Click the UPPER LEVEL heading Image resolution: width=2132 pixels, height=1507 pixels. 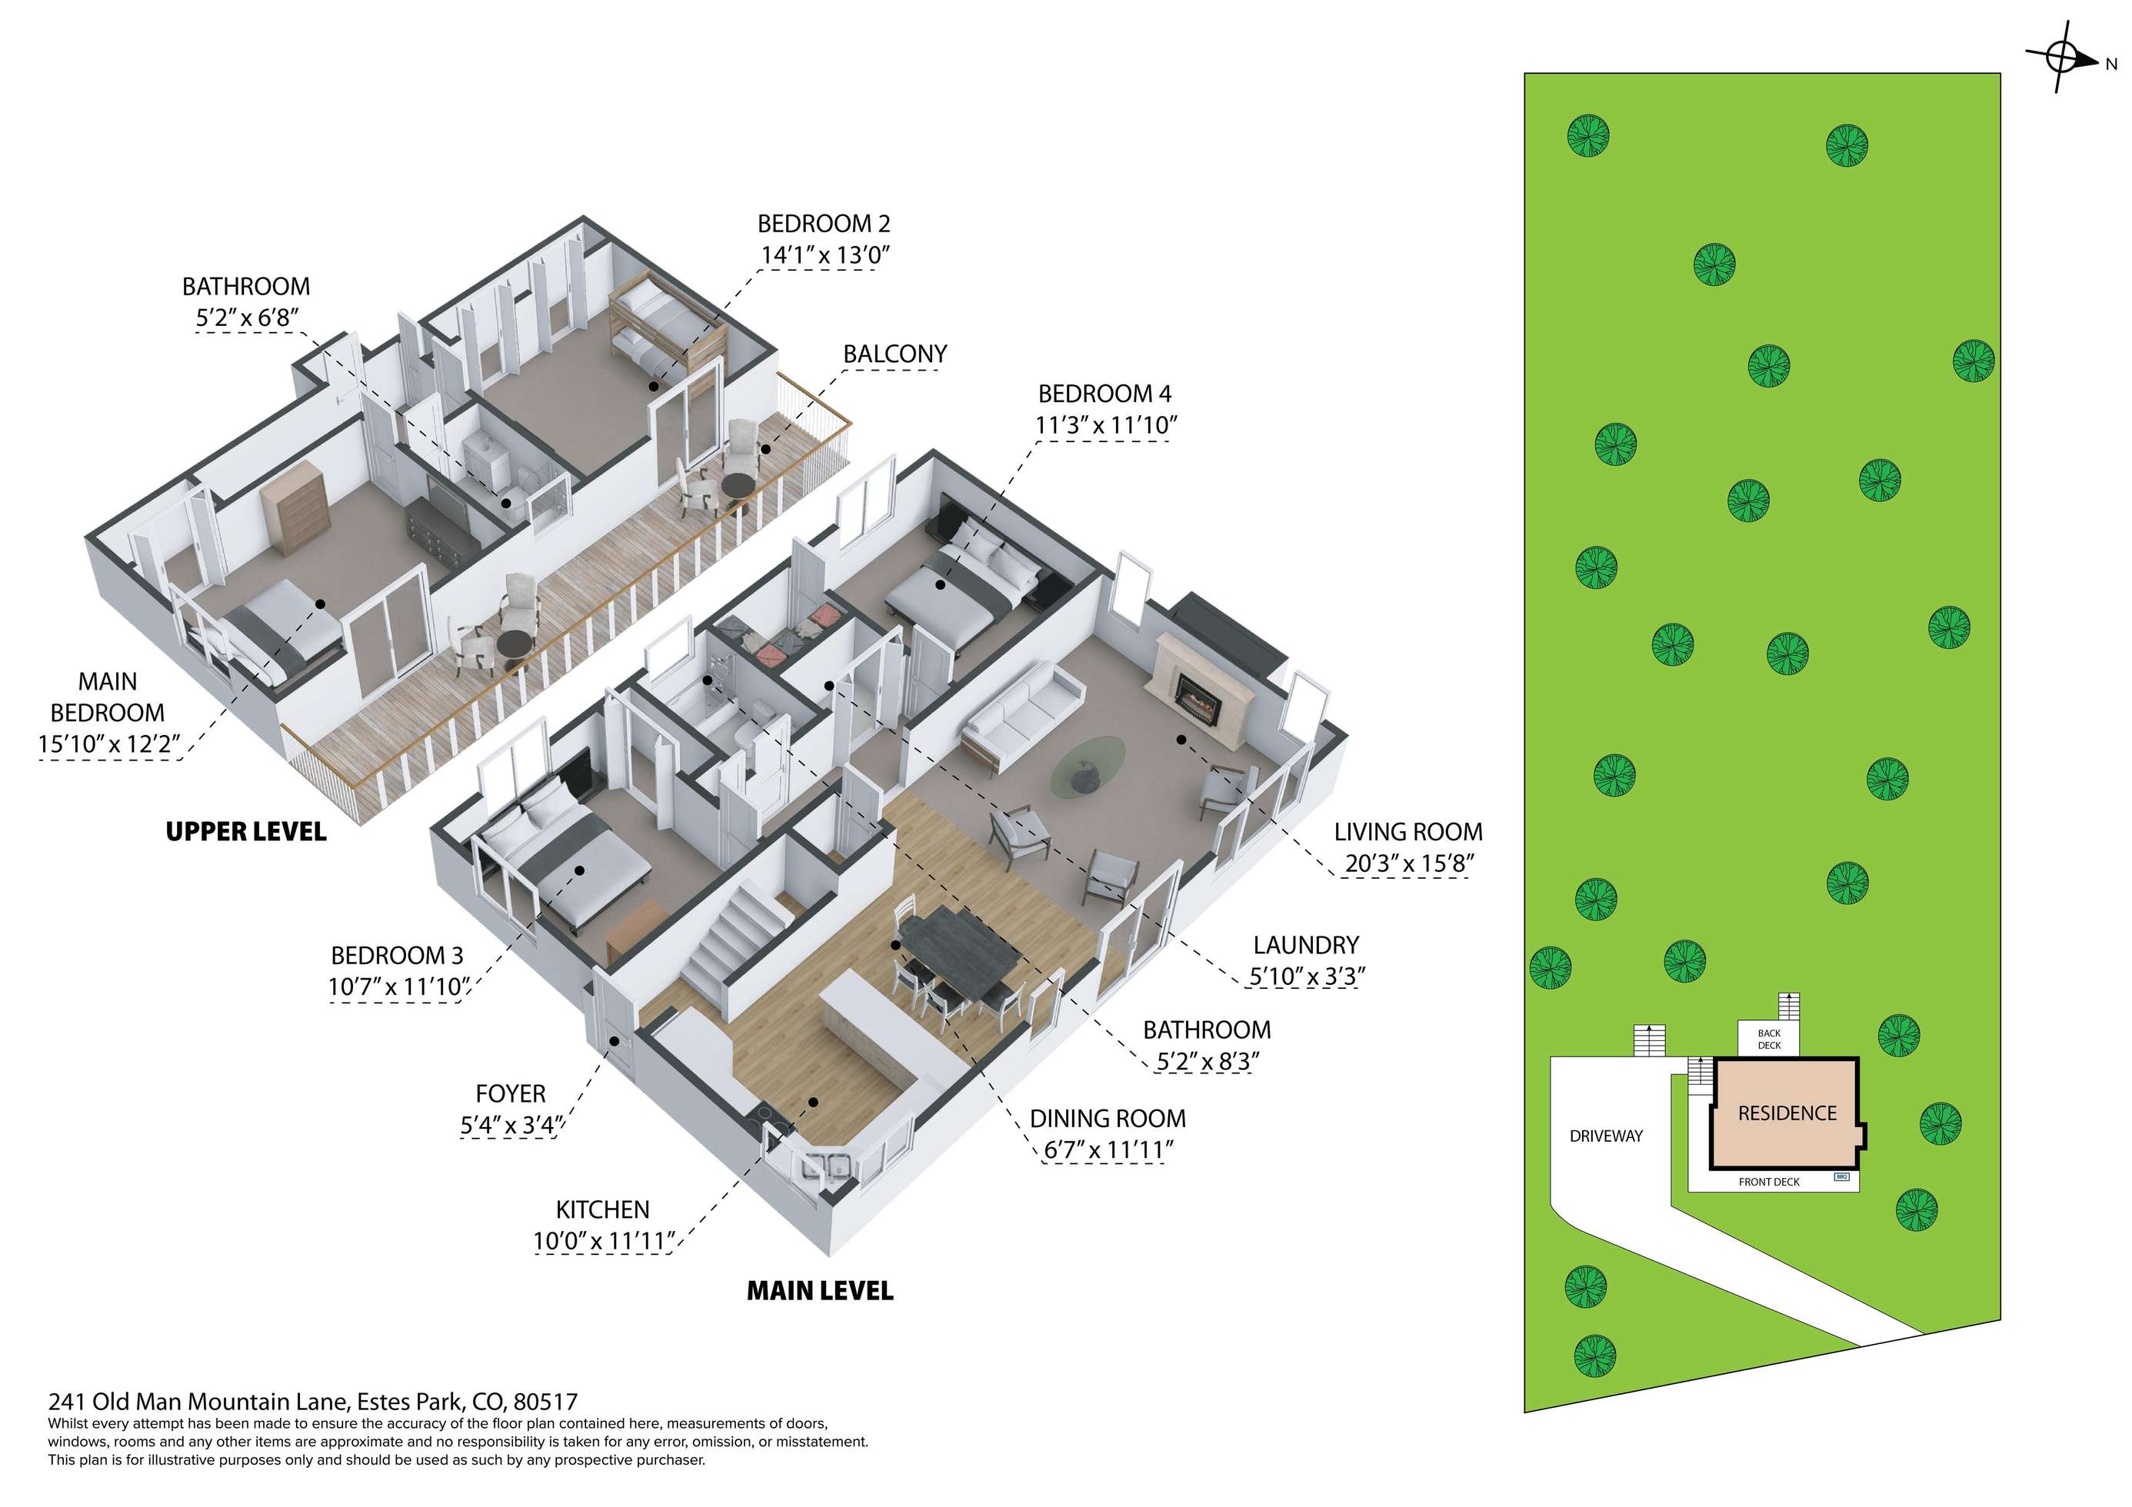[246, 832]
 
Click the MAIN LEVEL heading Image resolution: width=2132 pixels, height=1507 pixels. [820, 1291]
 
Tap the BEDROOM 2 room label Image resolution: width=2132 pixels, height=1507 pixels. [824, 224]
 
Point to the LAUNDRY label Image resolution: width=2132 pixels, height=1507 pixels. [1305, 945]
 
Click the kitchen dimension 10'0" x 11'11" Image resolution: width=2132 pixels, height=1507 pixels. [604, 1242]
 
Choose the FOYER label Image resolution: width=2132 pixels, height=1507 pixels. [510, 1094]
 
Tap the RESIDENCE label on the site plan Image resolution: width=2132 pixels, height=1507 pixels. [1787, 1113]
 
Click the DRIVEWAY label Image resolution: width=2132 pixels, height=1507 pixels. [1605, 1136]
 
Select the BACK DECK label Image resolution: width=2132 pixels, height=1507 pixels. [1769, 1039]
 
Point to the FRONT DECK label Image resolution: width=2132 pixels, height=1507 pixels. [1769, 1182]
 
